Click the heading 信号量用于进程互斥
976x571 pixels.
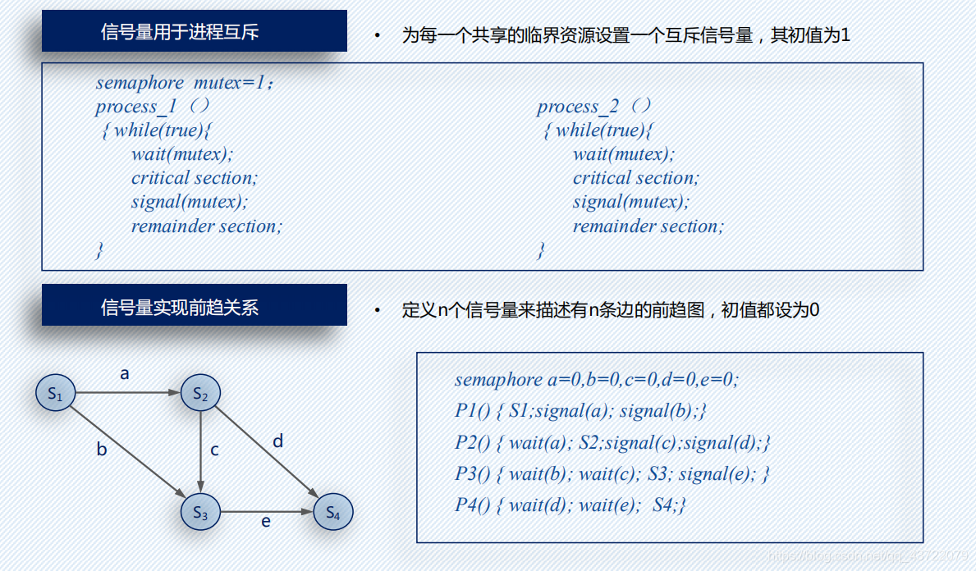point(180,33)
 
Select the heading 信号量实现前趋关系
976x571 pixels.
point(180,308)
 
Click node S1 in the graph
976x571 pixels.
point(55,395)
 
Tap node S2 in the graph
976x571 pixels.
point(200,395)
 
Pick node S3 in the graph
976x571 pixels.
point(200,513)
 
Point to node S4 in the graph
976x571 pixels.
point(332,513)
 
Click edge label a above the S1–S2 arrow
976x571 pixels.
point(125,374)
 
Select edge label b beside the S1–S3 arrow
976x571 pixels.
point(102,449)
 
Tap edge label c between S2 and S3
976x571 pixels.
point(214,450)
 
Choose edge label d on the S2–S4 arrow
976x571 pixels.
point(277,441)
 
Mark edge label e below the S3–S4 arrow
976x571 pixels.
point(266,521)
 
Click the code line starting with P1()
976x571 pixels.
point(581,411)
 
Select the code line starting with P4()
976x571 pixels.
point(570,505)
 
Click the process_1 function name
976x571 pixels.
point(136,107)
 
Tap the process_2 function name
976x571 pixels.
point(579,107)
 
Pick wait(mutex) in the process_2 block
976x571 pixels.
point(623,154)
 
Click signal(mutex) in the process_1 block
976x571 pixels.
point(189,202)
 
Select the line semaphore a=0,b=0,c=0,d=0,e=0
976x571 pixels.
point(597,380)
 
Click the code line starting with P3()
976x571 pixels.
point(612,474)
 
